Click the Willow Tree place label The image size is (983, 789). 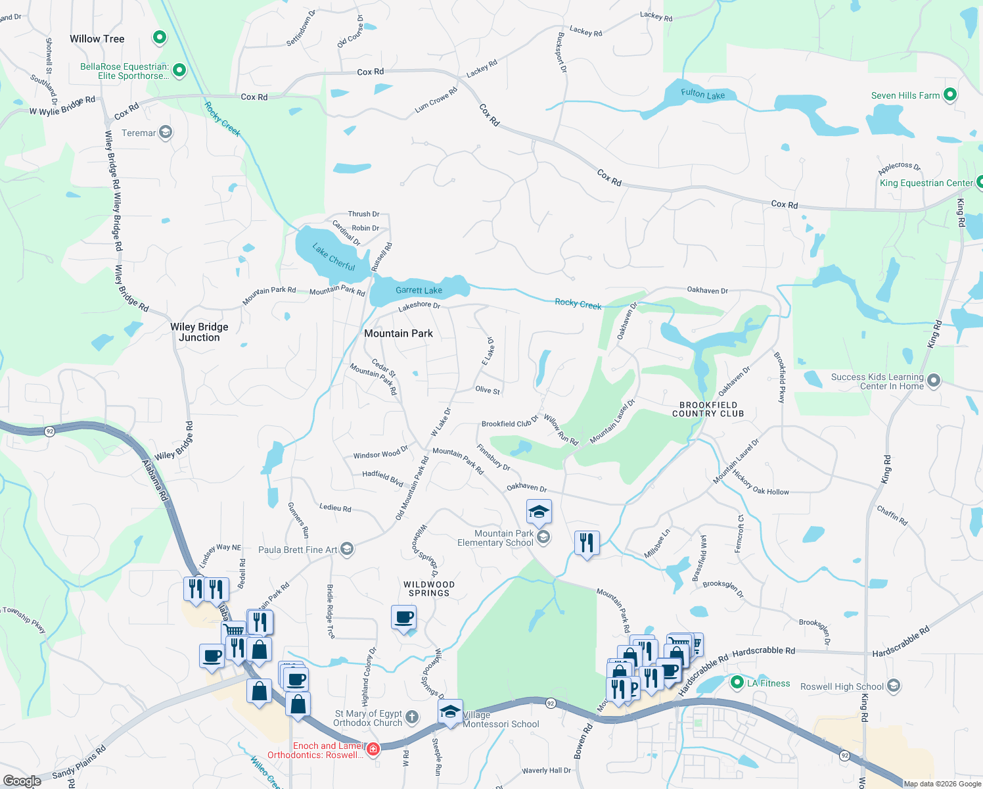point(97,39)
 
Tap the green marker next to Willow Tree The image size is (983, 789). point(160,37)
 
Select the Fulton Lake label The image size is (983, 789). point(702,94)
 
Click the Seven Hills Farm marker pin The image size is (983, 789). point(949,95)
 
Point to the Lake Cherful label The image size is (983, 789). point(334,257)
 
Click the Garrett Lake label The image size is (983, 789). point(419,290)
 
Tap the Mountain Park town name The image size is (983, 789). point(398,333)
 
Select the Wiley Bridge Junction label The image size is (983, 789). point(199,332)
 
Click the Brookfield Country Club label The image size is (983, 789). point(708,409)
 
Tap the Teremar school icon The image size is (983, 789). point(166,133)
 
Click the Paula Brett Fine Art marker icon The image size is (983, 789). point(347,549)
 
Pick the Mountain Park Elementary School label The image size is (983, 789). point(495,538)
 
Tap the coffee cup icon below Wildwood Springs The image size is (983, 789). point(403,618)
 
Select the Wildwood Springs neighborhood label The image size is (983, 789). point(428,588)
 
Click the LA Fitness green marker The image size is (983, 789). point(737,683)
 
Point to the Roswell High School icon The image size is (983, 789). point(893,686)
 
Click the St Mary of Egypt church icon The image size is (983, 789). point(412,717)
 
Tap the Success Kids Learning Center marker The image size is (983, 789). point(934,381)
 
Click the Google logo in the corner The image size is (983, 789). point(22,780)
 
